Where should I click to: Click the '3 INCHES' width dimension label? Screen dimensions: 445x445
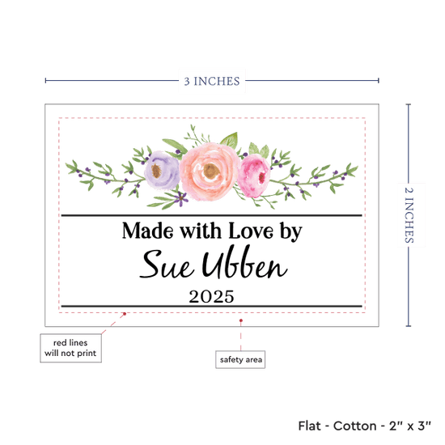212,81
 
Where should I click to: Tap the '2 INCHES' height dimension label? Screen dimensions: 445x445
409,215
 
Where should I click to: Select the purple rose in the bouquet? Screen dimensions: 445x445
162,170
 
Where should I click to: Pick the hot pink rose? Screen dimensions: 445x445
254,176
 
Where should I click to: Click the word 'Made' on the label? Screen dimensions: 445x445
147,231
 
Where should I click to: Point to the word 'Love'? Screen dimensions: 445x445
251,231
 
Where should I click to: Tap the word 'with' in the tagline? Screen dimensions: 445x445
201,231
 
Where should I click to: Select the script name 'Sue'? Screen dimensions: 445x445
167,265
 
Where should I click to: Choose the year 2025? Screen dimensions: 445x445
211,297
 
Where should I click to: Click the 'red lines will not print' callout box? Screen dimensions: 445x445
70,348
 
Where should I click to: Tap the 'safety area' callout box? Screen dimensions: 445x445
240,359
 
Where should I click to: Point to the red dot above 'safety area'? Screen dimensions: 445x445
241,320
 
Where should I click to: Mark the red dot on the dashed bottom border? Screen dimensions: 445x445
125,314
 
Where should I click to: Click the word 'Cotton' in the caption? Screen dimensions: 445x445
354,426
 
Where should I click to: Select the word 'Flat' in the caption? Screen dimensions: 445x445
309,426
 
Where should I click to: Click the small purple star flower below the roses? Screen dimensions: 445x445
180,198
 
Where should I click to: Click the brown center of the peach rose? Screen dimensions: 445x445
211,172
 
